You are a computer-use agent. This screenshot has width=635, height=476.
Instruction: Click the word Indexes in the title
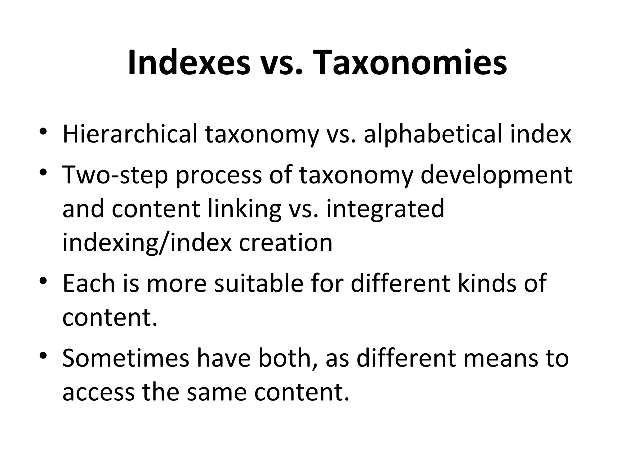189,63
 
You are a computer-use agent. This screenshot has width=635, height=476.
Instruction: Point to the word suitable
259,283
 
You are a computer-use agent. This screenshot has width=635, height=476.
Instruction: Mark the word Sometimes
126,358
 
